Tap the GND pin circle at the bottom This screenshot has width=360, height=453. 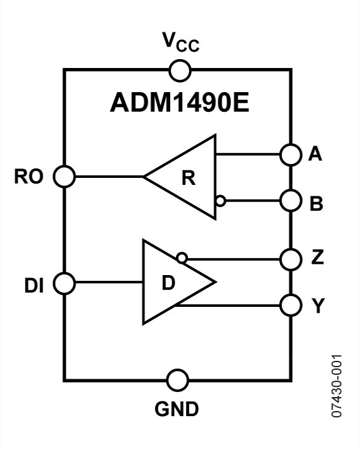point(178,381)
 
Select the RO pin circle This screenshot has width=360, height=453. point(64,176)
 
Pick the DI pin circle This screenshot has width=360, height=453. point(64,282)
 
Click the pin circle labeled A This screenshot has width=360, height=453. point(290,154)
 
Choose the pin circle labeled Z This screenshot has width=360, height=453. point(290,259)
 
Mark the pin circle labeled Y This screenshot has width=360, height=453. point(290,305)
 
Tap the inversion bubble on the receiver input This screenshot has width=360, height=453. point(220,201)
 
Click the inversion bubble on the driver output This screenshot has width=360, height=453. point(182,258)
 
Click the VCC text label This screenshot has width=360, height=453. point(178,43)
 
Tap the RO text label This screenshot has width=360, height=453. point(29,177)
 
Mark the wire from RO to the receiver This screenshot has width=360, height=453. point(108,176)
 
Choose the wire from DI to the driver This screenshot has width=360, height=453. point(108,282)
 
